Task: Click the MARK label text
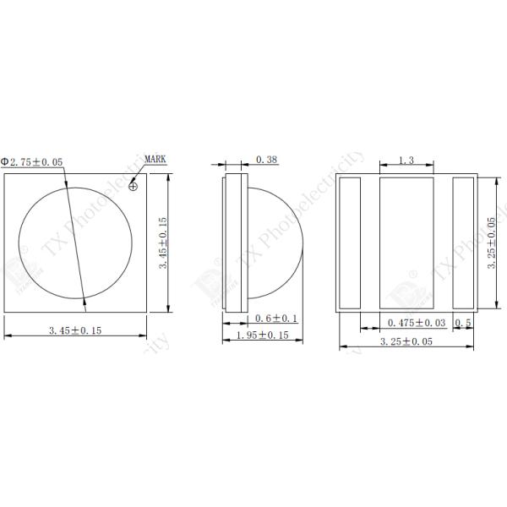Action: click(x=155, y=158)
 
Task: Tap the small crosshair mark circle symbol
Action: click(x=134, y=188)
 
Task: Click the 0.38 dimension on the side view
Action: click(x=266, y=159)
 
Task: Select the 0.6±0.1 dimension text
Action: click(x=276, y=319)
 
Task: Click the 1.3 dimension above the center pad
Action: click(x=406, y=161)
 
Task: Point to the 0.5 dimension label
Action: click(x=463, y=323)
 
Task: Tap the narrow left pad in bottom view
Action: click(x=349, y=243)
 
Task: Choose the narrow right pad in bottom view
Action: click(x=465, y=243)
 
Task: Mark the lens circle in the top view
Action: click(x=76, y=241)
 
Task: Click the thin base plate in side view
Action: click(x=227, y=243)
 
